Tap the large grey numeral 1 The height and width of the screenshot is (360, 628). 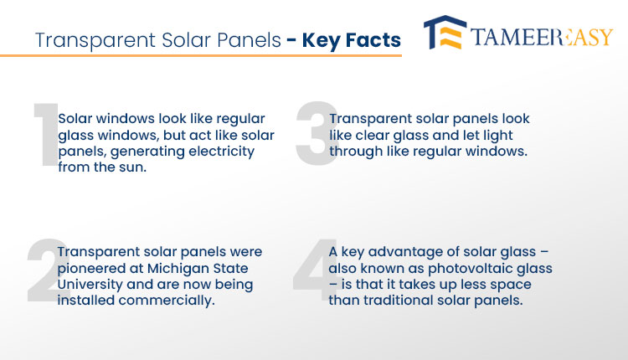tap(47, 135)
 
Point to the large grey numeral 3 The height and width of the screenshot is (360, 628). tap(317, 133)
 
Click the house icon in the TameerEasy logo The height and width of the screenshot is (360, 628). tap(445, 33)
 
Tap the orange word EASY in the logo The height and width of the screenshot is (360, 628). tap(587, 37)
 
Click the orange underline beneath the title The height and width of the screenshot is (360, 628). tap(201, 55)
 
